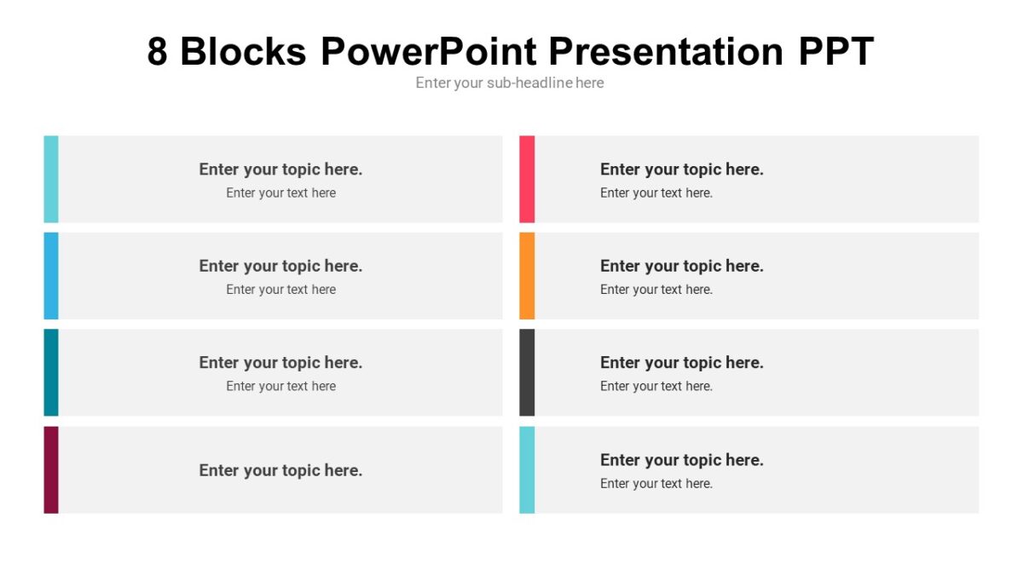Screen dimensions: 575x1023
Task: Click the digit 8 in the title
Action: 158,52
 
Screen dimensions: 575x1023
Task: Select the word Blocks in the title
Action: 243,52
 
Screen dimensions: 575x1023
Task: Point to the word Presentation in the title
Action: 666,52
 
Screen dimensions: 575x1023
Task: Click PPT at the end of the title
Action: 836,52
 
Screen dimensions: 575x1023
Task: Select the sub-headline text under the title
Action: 510,83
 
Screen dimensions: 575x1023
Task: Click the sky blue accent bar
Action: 51,276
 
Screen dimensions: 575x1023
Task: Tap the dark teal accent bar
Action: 51,372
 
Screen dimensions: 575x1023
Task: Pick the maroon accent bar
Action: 51,469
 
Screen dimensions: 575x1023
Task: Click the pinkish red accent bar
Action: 527,179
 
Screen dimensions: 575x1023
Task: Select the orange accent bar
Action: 527,276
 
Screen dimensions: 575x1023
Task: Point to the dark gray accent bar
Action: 527,372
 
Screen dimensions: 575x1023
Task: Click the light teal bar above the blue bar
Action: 51,179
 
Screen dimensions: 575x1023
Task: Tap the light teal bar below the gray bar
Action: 527,469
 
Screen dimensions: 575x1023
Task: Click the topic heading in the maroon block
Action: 280,470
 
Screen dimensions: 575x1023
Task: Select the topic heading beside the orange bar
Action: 681,266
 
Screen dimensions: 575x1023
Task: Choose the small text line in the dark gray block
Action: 656,386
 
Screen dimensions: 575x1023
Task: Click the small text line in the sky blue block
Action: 280,290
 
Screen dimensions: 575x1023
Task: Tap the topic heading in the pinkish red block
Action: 681,170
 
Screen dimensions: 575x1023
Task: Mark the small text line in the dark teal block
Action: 280,386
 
